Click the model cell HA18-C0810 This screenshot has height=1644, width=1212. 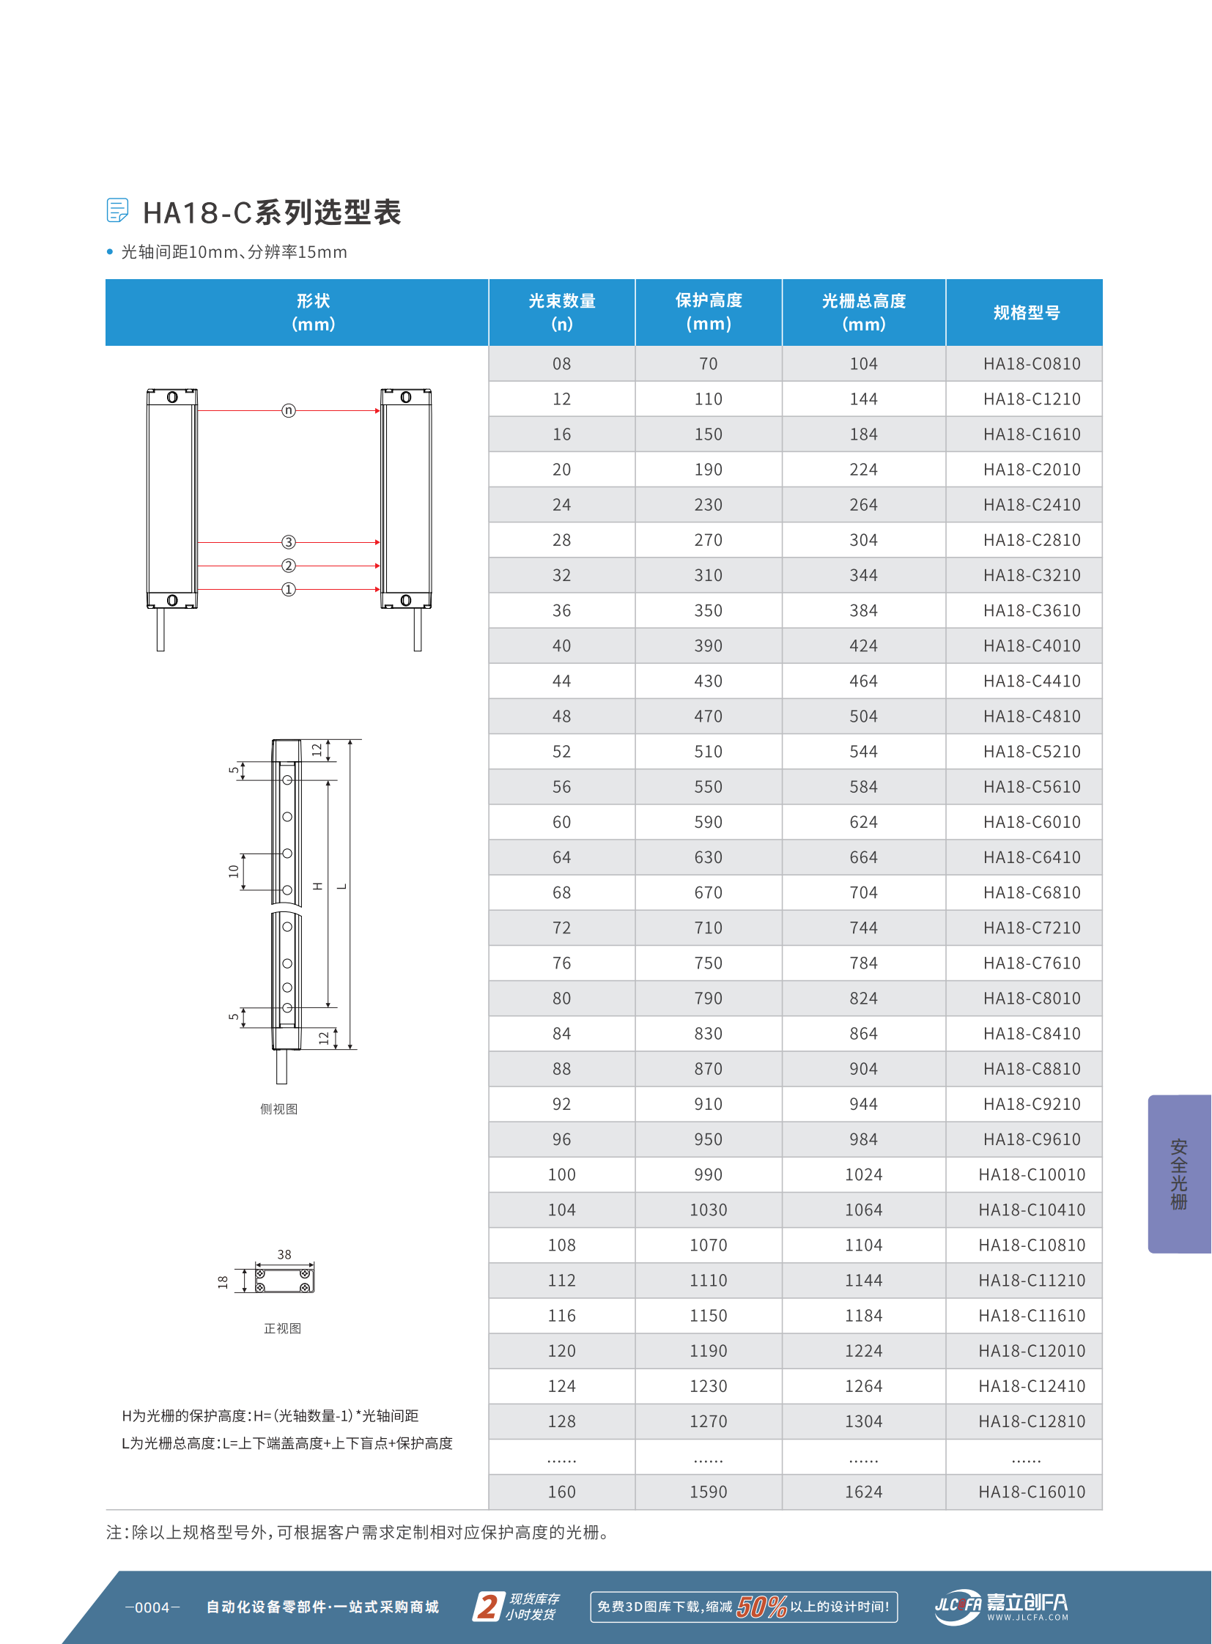1032,364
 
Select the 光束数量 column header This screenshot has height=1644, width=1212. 561,312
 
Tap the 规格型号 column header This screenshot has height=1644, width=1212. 1026,313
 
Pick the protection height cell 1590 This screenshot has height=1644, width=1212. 708,1492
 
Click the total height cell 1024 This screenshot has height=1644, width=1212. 863,1174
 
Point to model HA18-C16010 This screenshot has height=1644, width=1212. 1032,1492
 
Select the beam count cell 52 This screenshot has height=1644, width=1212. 561,751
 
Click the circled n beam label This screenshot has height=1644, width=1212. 288,410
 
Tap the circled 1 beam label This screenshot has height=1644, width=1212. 288,589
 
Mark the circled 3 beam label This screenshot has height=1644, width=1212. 288,542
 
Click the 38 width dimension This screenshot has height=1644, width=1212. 284,1254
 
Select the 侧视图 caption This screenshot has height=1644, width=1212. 278,1108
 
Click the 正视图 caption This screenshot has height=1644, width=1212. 282,1328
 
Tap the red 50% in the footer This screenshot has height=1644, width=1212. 761,1607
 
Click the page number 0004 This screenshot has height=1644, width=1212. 152,1607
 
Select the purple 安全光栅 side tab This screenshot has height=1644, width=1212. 1178,1173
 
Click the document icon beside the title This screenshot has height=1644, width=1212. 117,210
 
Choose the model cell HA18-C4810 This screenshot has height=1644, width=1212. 1032,716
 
